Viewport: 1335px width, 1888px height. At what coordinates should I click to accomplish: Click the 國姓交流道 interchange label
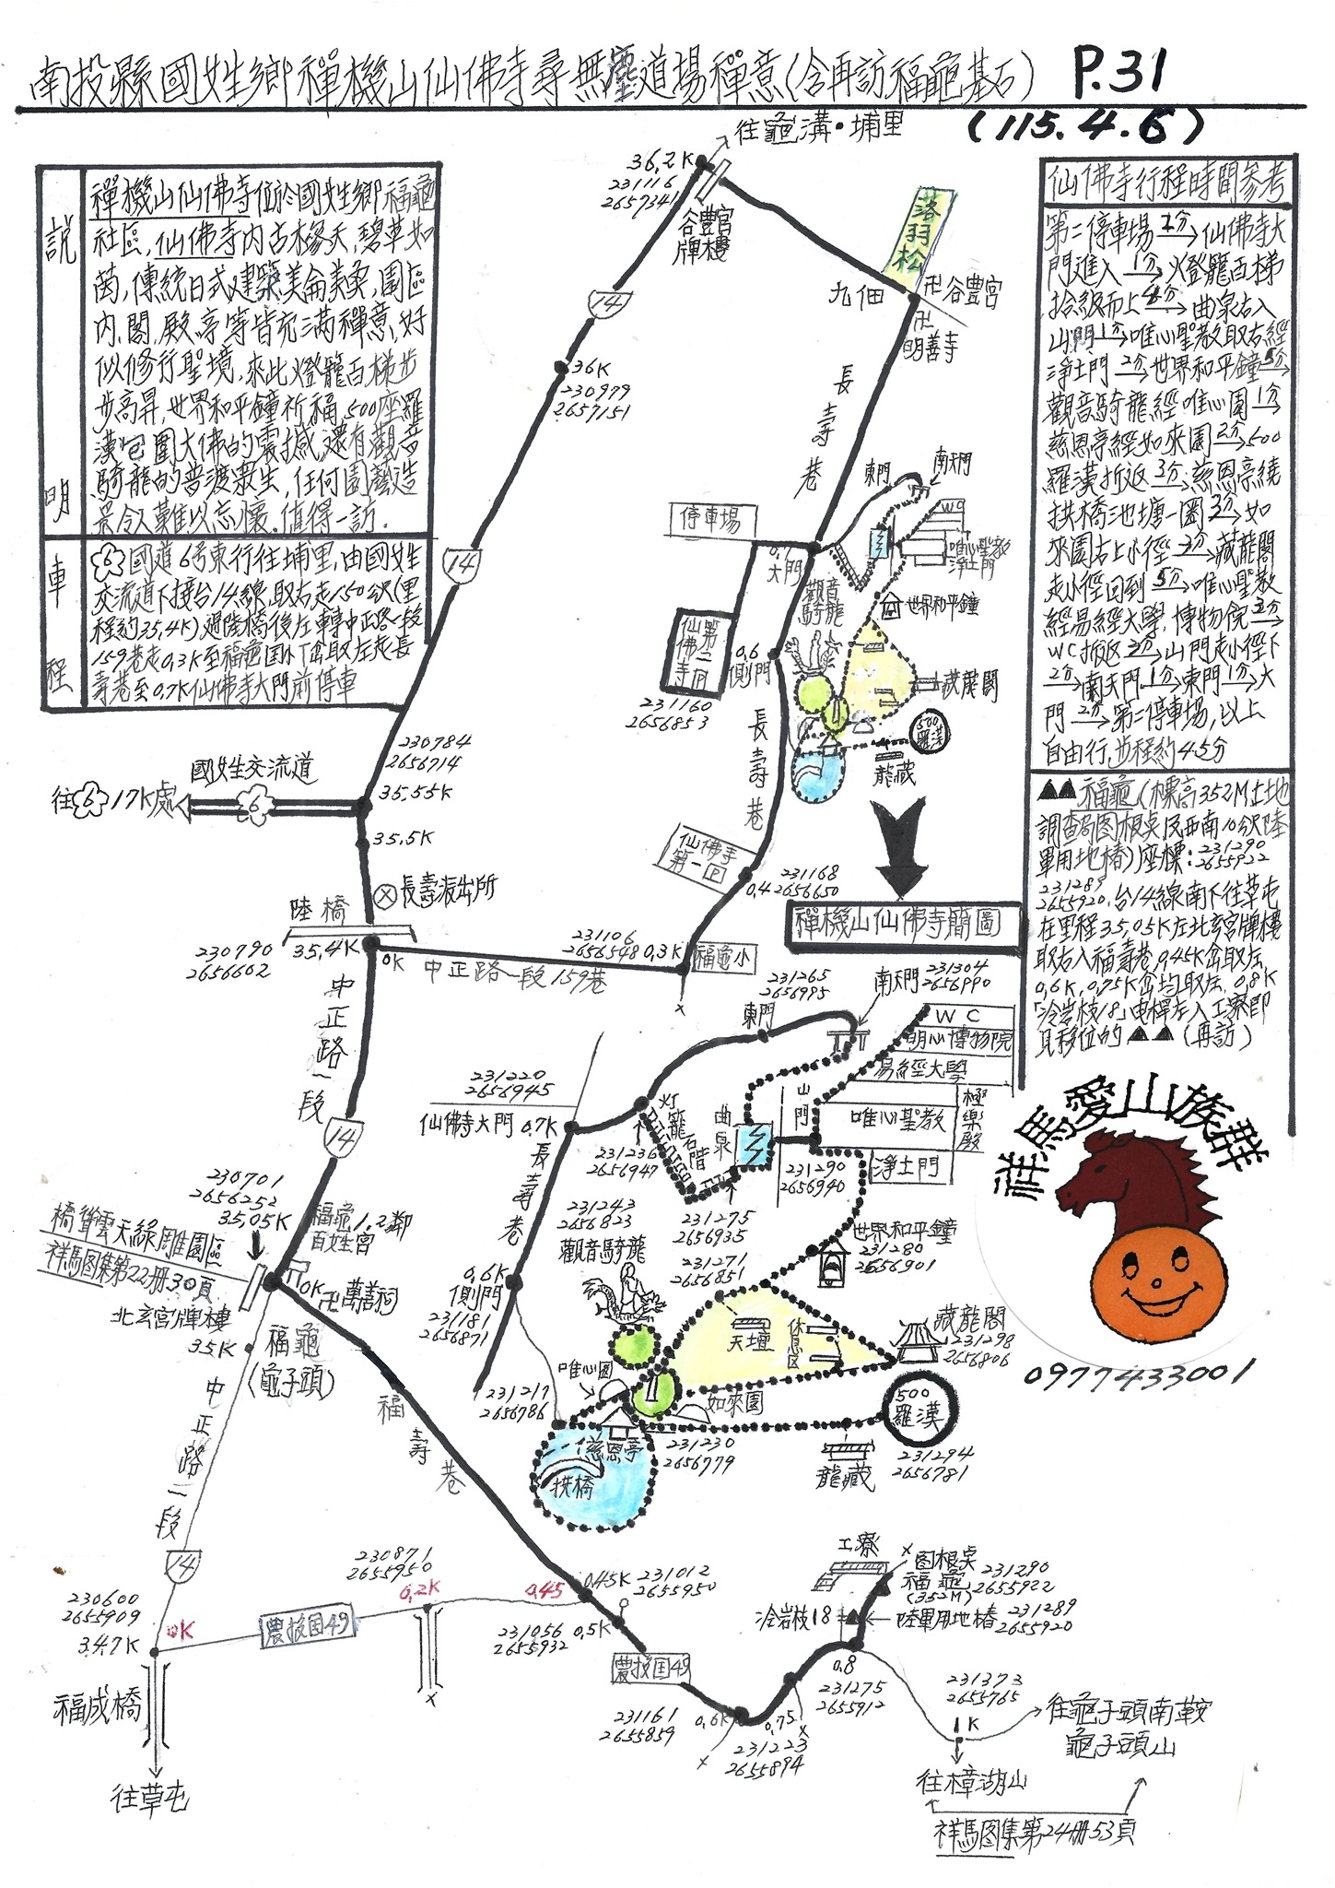[x=252, y=767]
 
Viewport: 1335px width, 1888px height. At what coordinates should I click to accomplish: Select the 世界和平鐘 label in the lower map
[x=906, y=1230]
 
